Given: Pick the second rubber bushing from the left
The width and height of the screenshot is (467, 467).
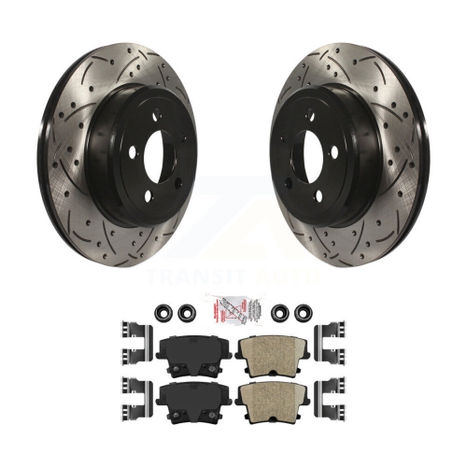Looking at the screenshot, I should (x=184, y=310).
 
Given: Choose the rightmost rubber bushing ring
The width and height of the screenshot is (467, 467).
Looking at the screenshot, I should (x=304, y=310).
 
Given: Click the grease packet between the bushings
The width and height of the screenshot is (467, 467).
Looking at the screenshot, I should (x=233, y=308).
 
